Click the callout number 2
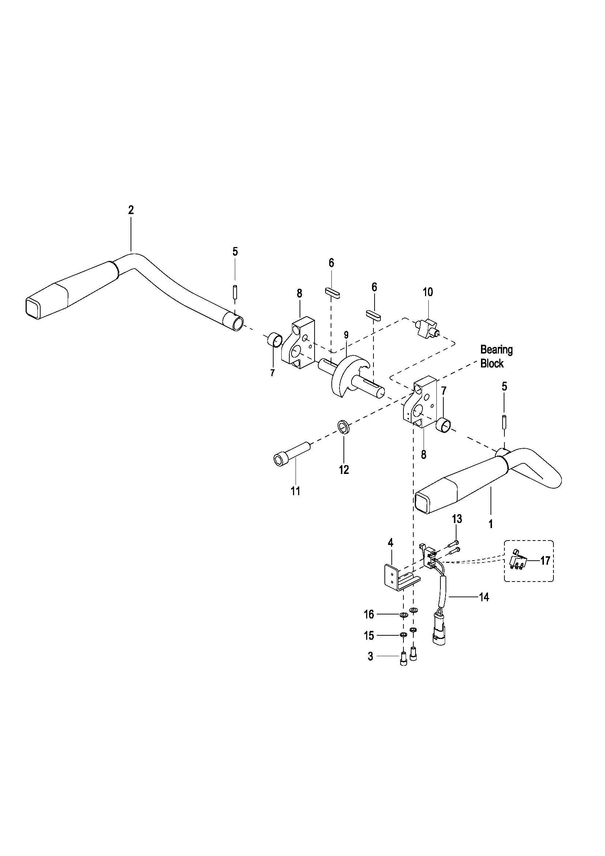tap(130, 210)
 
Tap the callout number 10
tap(428, 292)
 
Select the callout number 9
tap(346, 334)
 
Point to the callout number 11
tap(296, 491)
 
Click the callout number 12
tap(344, 470)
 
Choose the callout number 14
tap(484, 597)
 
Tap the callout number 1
tap(491, 524)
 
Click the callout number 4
tap(390, 542)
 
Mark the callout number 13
tap(457, 519)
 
